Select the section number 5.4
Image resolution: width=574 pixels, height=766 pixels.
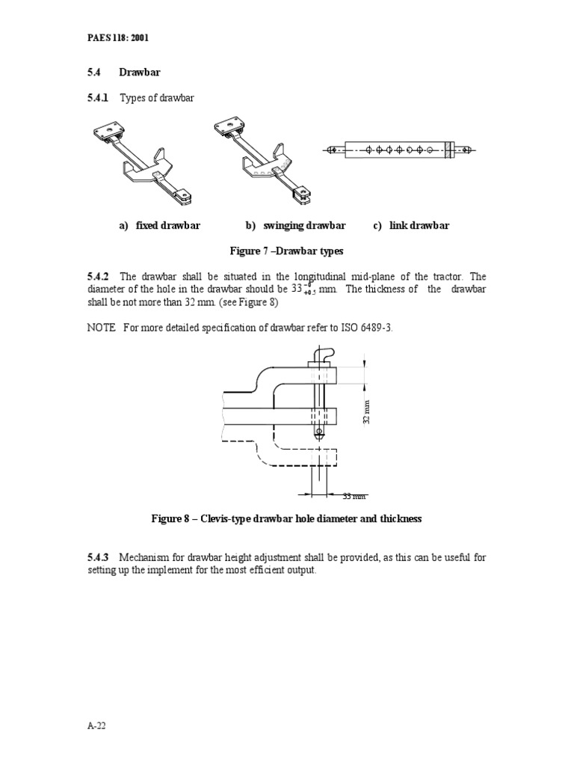coord(96,72)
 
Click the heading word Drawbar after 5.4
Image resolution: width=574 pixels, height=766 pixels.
coord(141,72)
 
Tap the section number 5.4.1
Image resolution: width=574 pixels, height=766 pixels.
coord(98,98)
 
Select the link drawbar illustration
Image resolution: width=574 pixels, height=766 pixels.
coord(400,150)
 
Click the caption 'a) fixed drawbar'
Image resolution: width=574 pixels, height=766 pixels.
coord(159,225)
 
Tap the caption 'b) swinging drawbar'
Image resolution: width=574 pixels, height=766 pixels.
coord(295,225)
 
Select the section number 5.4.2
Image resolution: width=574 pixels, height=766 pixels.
coord(98,276)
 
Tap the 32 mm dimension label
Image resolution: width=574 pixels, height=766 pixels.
coord(366,411)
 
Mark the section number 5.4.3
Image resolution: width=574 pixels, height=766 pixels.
coord(98,557)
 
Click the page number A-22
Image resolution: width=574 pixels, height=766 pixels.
coord(97,726)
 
